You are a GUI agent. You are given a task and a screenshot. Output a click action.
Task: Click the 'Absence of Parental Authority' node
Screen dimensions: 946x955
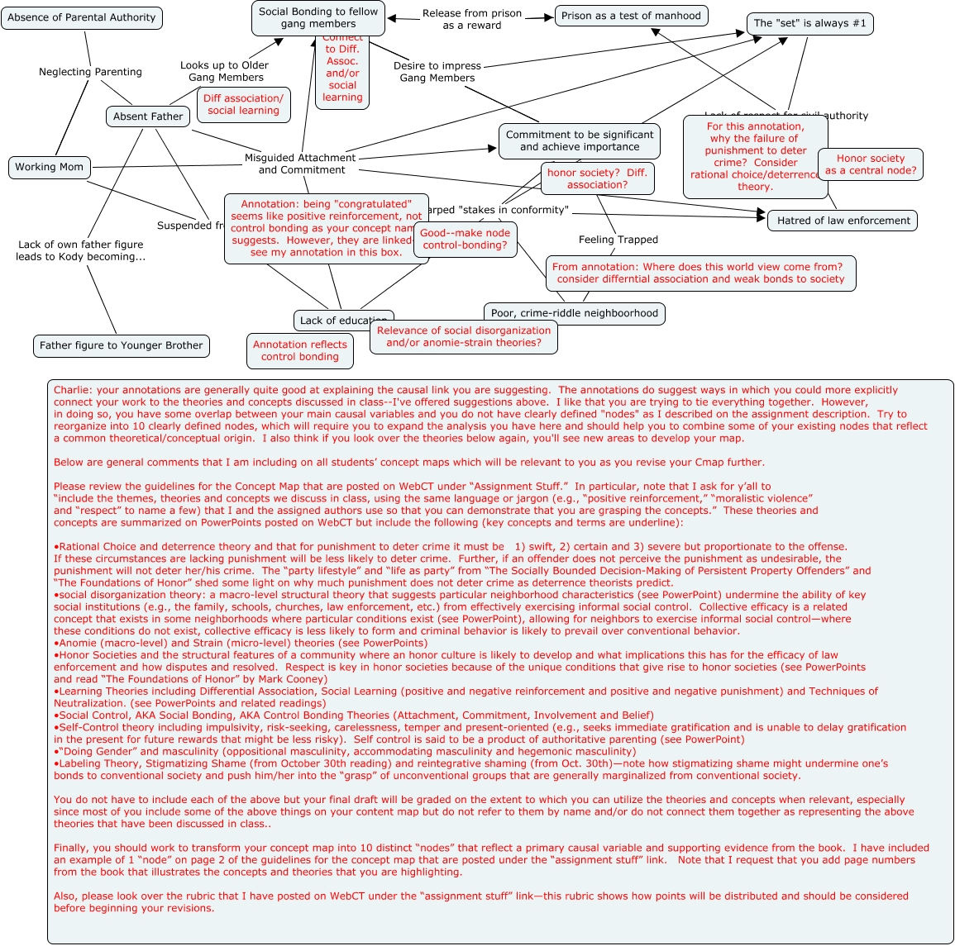click(81, 18)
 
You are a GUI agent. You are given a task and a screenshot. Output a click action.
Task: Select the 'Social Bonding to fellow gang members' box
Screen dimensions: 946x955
click(318, 18)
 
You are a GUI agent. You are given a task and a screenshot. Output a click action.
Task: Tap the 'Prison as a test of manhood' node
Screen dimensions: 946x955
click(631, 16)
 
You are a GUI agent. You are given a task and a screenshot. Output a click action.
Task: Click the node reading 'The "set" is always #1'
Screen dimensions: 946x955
click(809, 24)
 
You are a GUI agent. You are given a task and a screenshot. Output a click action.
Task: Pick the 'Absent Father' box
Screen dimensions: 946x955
click(148, 116)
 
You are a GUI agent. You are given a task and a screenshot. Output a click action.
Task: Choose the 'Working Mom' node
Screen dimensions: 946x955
click(49, 167)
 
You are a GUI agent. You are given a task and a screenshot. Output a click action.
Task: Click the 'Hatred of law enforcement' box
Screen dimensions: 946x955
click(843, 221)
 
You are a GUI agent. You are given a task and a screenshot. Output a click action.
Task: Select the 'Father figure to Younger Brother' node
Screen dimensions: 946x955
click(121, 346)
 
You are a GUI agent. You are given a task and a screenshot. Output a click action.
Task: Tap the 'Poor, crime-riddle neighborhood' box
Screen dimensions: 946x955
click(574, 314)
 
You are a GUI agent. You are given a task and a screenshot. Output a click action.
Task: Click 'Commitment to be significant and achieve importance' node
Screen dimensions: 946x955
click(579, 141)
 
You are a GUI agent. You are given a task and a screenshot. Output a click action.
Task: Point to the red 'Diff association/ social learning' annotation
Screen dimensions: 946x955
click(243, 105)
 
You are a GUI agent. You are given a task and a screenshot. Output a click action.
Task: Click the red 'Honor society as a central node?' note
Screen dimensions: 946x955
click(870, 164)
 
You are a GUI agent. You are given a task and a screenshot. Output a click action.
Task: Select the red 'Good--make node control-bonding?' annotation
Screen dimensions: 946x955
click(466, 240)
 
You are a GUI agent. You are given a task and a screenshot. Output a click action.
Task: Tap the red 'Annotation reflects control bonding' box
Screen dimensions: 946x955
click(299, 351)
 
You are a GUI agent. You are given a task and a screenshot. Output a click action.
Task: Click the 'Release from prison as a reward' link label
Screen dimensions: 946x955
click(471, 19)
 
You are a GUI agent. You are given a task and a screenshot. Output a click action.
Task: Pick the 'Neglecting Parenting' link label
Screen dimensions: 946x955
click(90, 72)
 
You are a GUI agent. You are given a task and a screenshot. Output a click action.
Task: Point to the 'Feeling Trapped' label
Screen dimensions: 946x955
click(618, 240)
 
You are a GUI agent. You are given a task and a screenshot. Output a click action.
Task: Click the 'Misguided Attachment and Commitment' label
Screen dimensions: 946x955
click(301, 164)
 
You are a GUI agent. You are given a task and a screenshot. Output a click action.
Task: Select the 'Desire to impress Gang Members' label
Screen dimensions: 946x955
click(437, 72)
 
